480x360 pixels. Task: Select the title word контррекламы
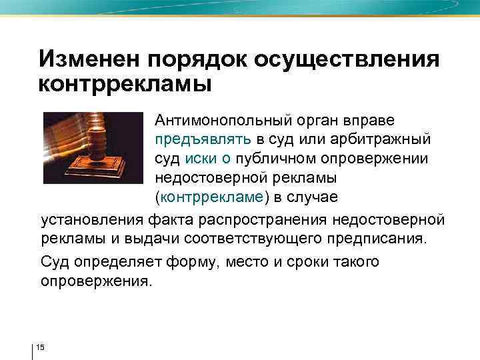pos(125,85)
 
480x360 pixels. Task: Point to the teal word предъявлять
pos(203,141)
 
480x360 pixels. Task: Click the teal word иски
pos(199,160)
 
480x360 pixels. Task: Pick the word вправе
pos(368,121)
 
